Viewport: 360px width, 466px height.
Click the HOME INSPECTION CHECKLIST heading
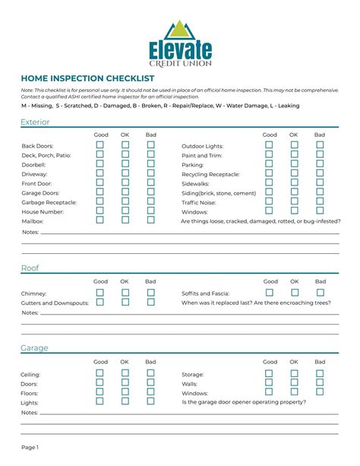(87, 78)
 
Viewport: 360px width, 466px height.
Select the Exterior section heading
(36, 122)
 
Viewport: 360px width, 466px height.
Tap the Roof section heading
(30, 268)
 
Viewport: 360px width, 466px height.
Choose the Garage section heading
(34, 347)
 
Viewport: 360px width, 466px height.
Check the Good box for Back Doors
(100, 144)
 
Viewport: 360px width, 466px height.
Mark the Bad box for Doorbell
(150, 163)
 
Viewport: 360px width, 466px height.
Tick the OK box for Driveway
(125, 173)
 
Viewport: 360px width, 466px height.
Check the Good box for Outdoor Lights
(269, 144)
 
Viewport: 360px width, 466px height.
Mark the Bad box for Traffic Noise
(320, 201)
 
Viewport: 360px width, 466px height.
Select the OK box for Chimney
(125, 292)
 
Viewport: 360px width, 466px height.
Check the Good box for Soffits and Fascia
(269, 292)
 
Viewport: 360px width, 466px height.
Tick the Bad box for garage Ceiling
(150, 373)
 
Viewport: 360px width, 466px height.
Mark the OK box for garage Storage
(294, 373)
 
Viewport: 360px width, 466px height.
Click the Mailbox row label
(32, 221)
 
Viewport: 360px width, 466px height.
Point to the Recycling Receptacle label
(210, 174)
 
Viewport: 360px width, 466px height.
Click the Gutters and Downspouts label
(55, 303)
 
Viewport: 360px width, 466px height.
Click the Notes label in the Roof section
(30, 312)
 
